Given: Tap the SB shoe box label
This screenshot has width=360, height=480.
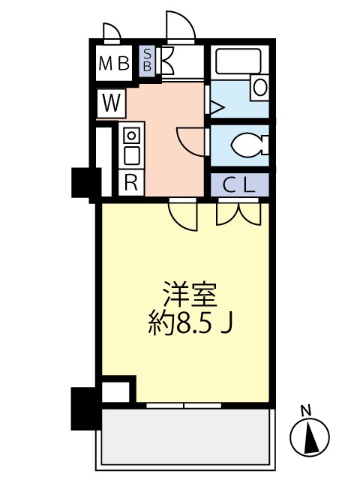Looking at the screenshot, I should [147, 60].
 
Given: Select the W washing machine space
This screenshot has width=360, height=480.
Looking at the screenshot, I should [111, 103].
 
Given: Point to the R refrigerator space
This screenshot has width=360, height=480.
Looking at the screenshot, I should [130, 182].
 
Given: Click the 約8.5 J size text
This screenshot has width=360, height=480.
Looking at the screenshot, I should [193, 324].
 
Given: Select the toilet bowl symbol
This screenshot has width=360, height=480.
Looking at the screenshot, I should [244, 144].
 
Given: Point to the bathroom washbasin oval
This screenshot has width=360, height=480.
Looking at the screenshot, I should [259, 87].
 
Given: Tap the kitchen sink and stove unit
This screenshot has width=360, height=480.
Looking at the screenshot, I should [131, 145].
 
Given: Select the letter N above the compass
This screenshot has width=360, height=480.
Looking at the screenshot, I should [305, 410].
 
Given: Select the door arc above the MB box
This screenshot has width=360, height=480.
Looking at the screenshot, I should [111, 32].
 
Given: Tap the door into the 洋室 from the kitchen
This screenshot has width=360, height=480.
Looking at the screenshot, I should [183, 215].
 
